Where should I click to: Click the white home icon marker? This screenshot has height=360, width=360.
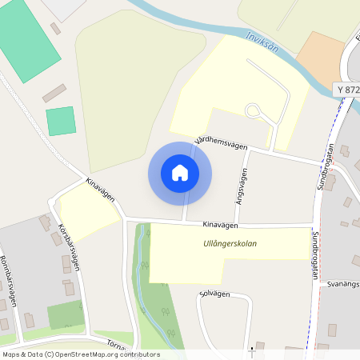(x=180, y=173)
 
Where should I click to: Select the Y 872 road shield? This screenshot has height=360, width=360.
(x=348, y=90)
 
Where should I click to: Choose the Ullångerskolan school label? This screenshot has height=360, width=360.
(x=230, y=243)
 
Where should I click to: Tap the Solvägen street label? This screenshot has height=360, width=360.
(x=214, y=294)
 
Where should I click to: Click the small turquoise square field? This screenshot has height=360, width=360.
(x=61, y=121)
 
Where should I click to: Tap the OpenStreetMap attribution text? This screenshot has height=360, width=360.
(x=80, y=354)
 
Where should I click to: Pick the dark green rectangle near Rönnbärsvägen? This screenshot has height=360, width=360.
(x=65, y=314)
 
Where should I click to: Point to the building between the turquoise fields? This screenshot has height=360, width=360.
(x=54, y=93)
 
